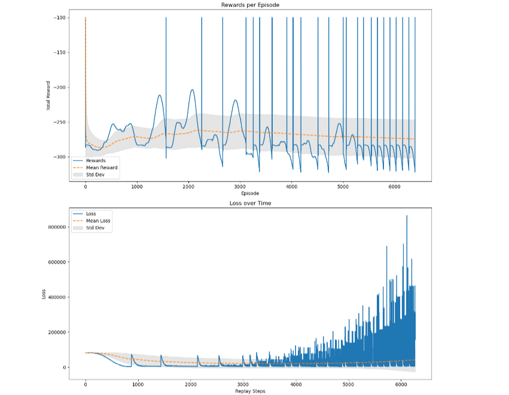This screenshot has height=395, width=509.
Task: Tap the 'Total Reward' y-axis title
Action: click(48, 94)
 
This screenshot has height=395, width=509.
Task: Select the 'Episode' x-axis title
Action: click(249, 194)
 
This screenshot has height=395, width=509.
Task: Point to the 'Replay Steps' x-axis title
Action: click(249, 391)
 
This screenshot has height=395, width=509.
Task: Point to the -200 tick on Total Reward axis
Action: click(60, 88)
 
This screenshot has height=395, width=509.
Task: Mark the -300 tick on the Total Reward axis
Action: click(60, 157)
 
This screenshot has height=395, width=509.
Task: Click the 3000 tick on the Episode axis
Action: click(240, 187)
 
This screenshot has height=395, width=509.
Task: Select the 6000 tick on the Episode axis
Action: click(394, 187)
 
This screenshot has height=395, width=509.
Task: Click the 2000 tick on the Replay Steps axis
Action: click(190, 384)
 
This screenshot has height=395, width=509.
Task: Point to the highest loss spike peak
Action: click(407, 216)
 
